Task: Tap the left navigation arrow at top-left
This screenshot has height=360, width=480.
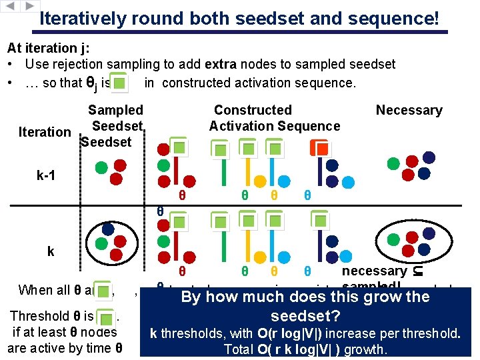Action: pos(11,5)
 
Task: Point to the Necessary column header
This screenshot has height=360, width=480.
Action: pos(409,110)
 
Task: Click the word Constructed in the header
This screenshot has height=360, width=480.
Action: pos(253,110)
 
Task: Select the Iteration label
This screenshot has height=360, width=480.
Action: pos(45,132)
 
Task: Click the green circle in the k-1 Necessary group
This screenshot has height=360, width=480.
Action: pos(394,162)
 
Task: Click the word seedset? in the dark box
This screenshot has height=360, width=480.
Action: pos(305,315)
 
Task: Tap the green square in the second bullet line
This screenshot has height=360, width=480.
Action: pos(119,83)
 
